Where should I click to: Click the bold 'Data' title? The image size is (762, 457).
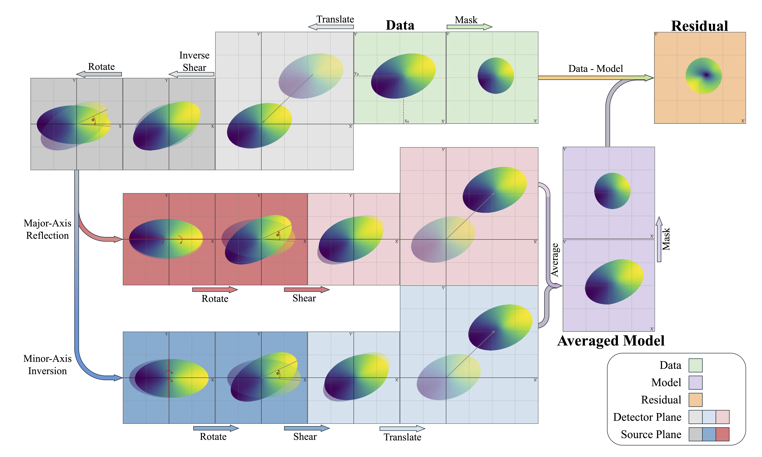point(400,25)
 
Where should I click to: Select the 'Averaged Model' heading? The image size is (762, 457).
point(611,341)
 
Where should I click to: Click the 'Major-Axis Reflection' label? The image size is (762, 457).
point(47,229)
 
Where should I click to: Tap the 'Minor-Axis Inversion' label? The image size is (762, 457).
point(47,365)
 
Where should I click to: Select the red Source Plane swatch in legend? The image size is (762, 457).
point(722,434)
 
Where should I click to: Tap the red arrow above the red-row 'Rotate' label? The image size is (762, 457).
point(215,290)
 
